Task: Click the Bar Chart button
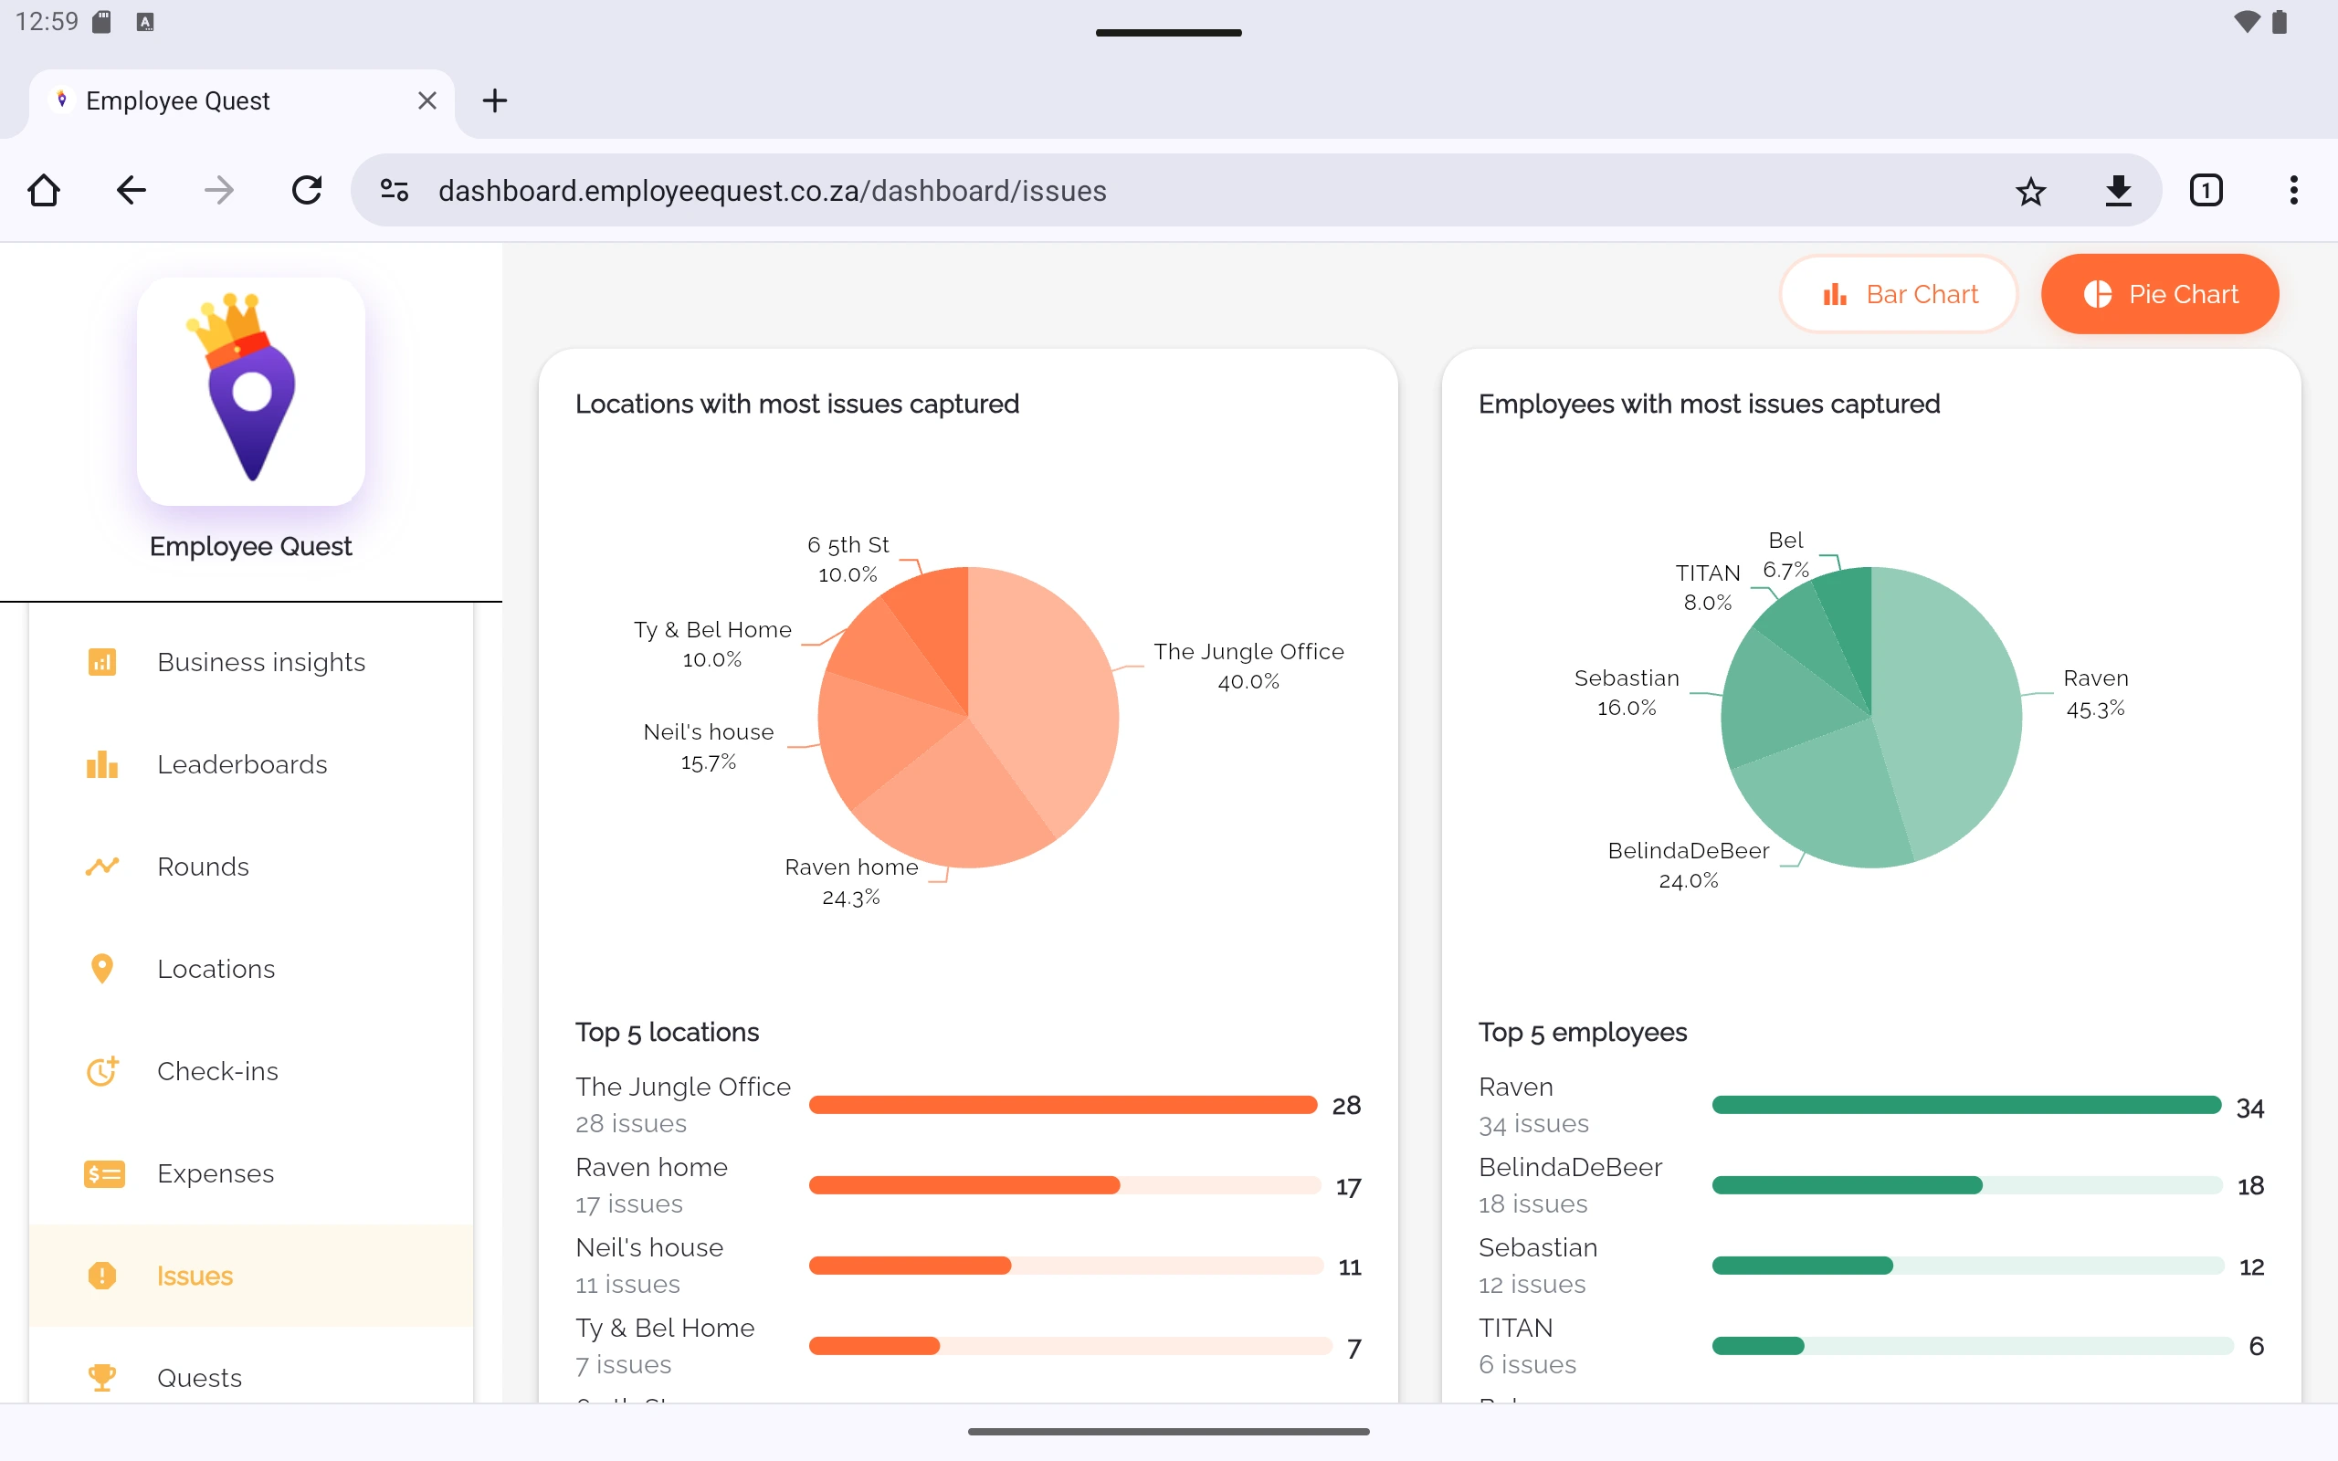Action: pyautogui.click(x=1899, y=294)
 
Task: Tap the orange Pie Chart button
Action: pyautogui.click(x=2159, y=294)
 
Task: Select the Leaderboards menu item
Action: pyautogui.click(x=241, y=764)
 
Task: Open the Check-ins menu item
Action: pyautogui.click(x=217, y=1070)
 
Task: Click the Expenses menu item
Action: pyautogui.click(x=216, y=1173)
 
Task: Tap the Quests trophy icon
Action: pyautogui.click(x=101, y=1377)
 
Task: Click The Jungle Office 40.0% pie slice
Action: pyautogui.click(x=1048, y=696)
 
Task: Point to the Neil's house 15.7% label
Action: pyautogui.click(x=708, y=747)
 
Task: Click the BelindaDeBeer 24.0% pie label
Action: pyautogui.click(x=1688, y=865)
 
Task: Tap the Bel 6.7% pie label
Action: pyautogui.click(x=1785, y=554)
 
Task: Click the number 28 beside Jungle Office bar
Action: pyautogui.click(x=1346, y=1106)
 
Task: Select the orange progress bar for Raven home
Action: pyautogui.click(x=964, y=1185)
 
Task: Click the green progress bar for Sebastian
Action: pyautogui.click(x=1802, y=1266)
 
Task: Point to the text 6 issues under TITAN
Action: pyautogui.click(x=1526, y=1364)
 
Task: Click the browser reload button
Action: pyautogui.click(x=306, y=190)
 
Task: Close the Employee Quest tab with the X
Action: pyautogui.click(x=427, y=100)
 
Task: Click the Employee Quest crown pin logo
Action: pyautogui.click(x=251, y=391)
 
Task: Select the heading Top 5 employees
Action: pyautogui.click(x=1582, y=1032)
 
